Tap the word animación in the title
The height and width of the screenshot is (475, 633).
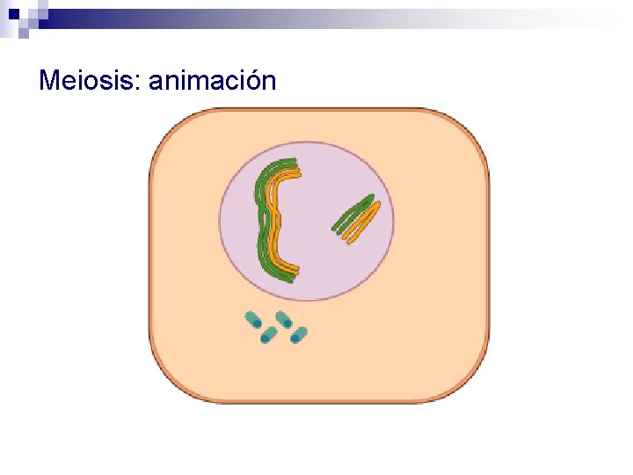point(213,82)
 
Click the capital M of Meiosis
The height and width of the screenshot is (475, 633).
point(49,82)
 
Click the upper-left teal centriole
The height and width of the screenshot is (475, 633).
point(253,320)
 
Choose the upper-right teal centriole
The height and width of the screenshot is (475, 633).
point(284,318)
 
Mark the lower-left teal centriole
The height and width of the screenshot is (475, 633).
point(268,335)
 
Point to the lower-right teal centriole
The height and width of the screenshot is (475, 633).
point(299,334)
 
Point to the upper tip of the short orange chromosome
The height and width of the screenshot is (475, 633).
point(377,205)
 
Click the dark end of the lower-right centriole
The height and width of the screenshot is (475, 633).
point(295,338)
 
